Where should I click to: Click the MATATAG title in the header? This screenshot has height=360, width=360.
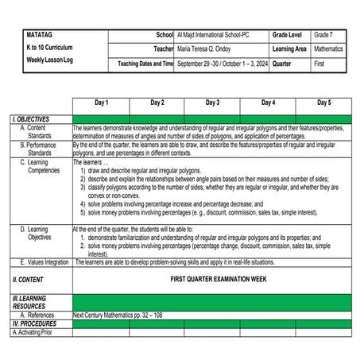39,36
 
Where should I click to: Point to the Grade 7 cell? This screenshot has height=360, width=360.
323,36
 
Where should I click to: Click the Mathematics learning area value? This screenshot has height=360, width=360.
329,48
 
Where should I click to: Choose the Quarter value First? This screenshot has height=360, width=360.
321,63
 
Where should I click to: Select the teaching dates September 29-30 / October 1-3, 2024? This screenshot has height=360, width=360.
221,63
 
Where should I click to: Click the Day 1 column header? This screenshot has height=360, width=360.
101,103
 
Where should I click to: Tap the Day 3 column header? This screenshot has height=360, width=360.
212,103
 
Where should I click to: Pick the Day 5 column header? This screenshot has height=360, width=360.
323,103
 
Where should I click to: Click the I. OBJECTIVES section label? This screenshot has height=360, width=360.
31,118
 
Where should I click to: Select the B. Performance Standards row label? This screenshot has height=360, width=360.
40,149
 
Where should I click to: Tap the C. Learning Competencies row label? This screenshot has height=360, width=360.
41,166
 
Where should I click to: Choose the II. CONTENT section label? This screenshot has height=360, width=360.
28,280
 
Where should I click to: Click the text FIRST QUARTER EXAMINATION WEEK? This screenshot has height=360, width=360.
216,280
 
